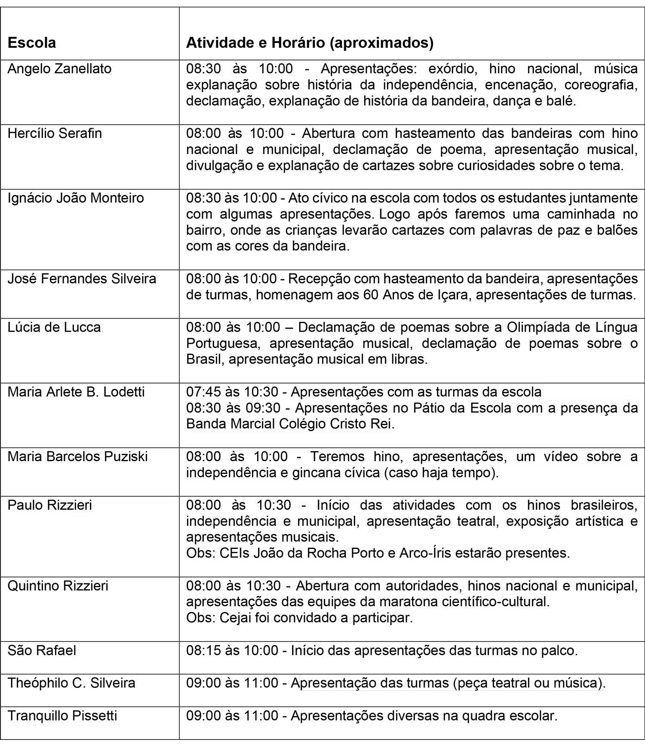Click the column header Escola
point(32,43)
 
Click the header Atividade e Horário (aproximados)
point(310,43)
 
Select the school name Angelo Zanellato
point(59,69)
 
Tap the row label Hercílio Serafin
point(55,133)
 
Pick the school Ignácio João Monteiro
point(76,198)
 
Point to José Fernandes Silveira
point(82,279)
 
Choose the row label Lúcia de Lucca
point(54,327)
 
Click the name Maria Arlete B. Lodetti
point(76,392)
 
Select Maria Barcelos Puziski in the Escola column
point(77,456)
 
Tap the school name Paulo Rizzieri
point(50,505)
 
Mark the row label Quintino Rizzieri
point(58,586)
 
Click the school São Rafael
point(42,650)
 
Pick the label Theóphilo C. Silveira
point(71,683)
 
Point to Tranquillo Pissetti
point(62,716)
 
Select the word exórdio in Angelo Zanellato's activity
point(449,69)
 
